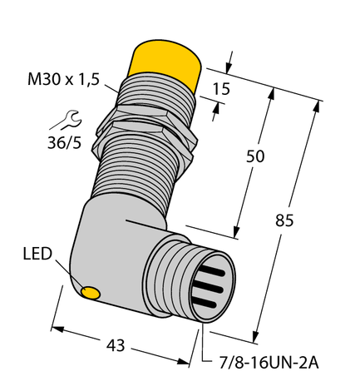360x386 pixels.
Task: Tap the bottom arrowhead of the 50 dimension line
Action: pyautogui.click(x=239, y=234)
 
